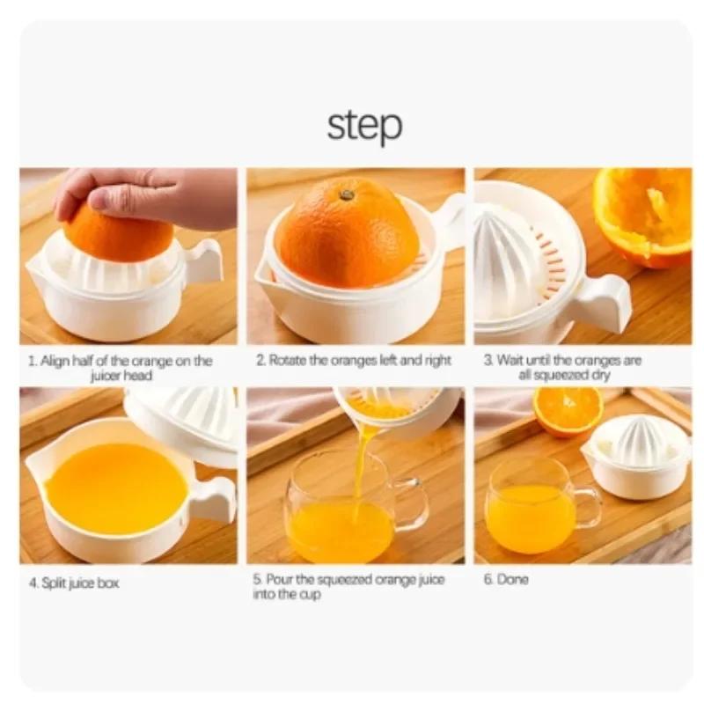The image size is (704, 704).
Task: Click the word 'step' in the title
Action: point(364,125)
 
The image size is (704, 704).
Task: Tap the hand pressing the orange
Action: point(150,195)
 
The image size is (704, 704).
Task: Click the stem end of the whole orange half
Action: point(347,194)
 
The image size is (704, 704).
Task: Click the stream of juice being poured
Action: point(362,466)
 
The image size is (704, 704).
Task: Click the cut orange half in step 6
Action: point(568,410)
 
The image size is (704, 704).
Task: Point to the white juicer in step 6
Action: point(638,458)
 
